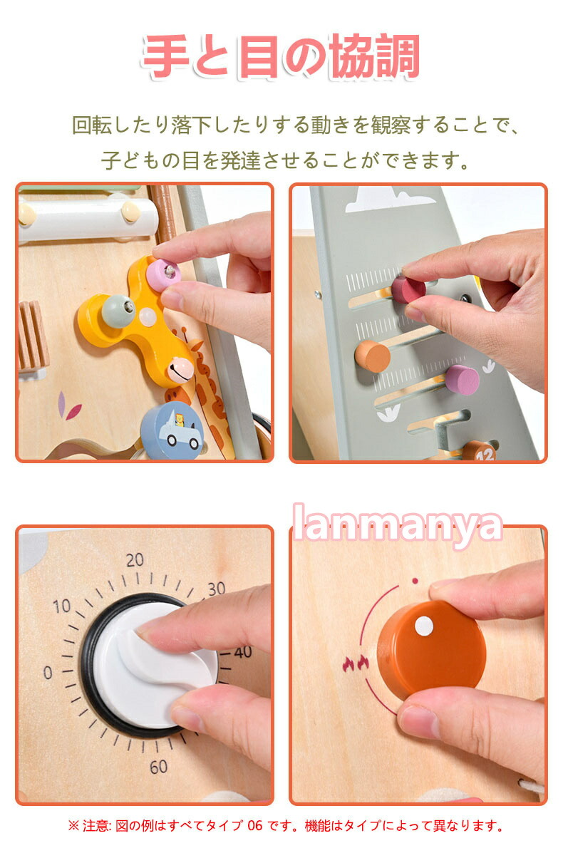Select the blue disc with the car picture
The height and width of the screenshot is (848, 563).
[172, 430]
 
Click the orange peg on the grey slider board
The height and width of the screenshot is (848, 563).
[372, 356]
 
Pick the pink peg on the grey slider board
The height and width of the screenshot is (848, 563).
[462, 380]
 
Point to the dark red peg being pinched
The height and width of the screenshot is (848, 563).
[408, 289]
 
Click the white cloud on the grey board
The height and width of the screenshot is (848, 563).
[388, 199]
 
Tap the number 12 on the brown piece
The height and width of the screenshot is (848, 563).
[485, 455]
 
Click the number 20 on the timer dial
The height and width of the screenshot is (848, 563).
[135, 559]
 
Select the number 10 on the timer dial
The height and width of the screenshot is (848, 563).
[62, 606]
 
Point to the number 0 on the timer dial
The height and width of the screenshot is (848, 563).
[48, 672]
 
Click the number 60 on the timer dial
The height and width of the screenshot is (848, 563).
[158, 767]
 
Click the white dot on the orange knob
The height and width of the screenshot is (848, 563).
[424, 626]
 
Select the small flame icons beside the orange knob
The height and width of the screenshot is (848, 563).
[356, 663]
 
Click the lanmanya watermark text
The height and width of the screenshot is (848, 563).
[398, 524]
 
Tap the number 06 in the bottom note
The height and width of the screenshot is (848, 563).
[254, 826]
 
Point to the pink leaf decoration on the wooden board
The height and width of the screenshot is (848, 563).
[68, 407]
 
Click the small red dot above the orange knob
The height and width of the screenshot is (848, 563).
[415, 581]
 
